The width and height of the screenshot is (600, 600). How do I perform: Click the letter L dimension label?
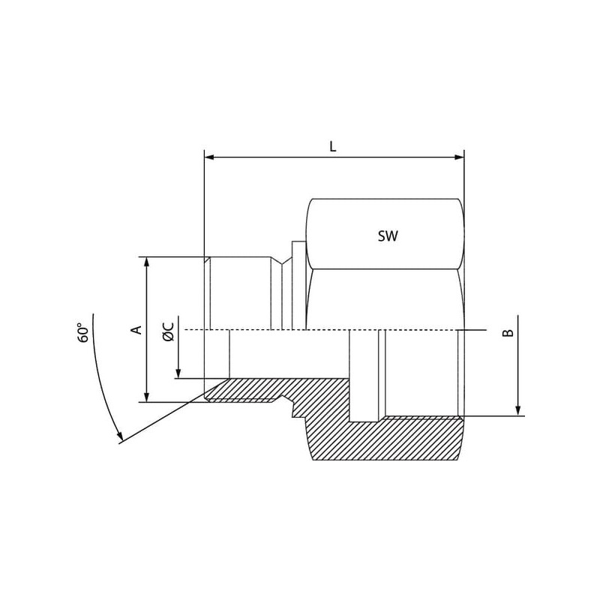[332, 146]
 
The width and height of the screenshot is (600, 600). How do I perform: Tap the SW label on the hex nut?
[388, 236]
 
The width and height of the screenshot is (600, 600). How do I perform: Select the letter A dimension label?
[136, 329]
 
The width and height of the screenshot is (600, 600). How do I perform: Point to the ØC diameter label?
[168, 331]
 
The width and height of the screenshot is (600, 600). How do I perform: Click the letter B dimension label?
[508, 332]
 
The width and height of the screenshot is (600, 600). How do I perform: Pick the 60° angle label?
[83, 333]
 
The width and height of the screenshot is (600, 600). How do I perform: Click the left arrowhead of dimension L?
[209, 157]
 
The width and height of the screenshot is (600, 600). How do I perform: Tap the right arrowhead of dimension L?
[459, 157]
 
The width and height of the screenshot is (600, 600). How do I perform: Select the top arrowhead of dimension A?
[146, 262]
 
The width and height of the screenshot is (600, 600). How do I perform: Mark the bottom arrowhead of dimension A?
[146, 397]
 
